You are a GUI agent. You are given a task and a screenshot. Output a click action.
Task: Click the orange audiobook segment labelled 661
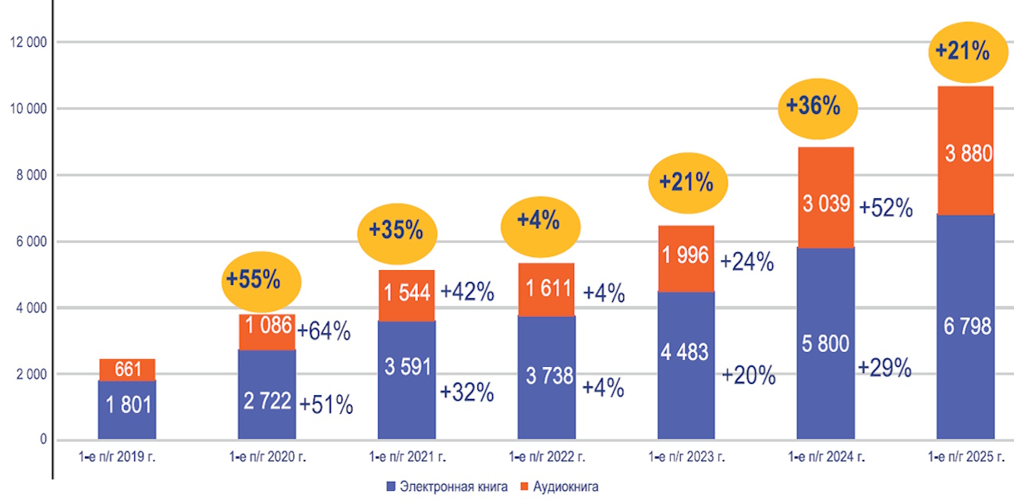pos(127,369)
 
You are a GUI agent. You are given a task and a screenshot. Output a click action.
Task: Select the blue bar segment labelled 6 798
pos(966,326)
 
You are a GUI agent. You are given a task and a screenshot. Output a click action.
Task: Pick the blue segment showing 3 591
pos(406,366)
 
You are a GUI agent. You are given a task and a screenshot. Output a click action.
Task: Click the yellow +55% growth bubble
pos(253,279)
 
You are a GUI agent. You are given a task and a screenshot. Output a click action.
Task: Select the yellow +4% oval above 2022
pos(539,221)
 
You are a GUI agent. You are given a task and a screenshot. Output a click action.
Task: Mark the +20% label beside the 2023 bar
pos(748,376)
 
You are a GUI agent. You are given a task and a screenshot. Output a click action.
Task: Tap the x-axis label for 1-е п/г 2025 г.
pos(966,457)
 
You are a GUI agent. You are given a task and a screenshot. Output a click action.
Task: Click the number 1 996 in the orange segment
pos(686,255)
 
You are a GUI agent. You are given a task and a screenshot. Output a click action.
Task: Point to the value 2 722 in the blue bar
pos(266,401)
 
